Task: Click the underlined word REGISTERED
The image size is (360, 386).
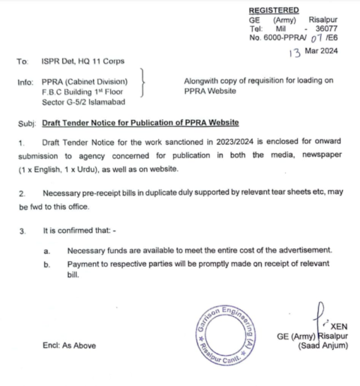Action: (x=274, y=10)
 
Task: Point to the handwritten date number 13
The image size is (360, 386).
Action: (x=292, y=51)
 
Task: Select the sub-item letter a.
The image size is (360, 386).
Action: (x=47, y=249)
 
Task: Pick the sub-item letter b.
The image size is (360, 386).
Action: (x=47, y=264)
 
